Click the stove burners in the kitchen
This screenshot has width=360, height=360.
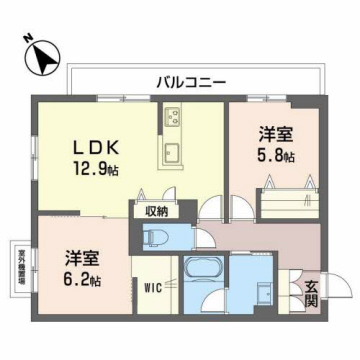[x=171, y=118]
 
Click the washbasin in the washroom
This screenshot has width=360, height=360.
[x=263, y=297]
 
